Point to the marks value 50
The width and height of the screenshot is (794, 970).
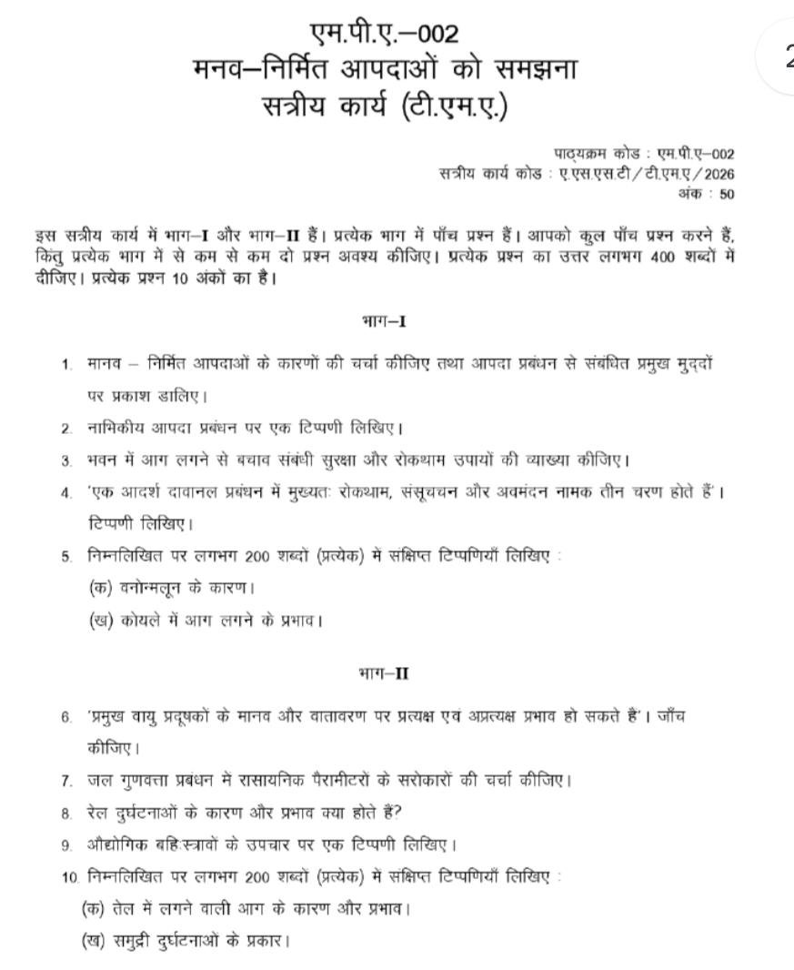727,194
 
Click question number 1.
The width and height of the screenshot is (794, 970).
66,365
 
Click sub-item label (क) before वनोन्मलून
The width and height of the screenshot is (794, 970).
98,588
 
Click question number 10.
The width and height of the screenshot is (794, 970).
70,877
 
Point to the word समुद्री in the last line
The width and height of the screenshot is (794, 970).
145,940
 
